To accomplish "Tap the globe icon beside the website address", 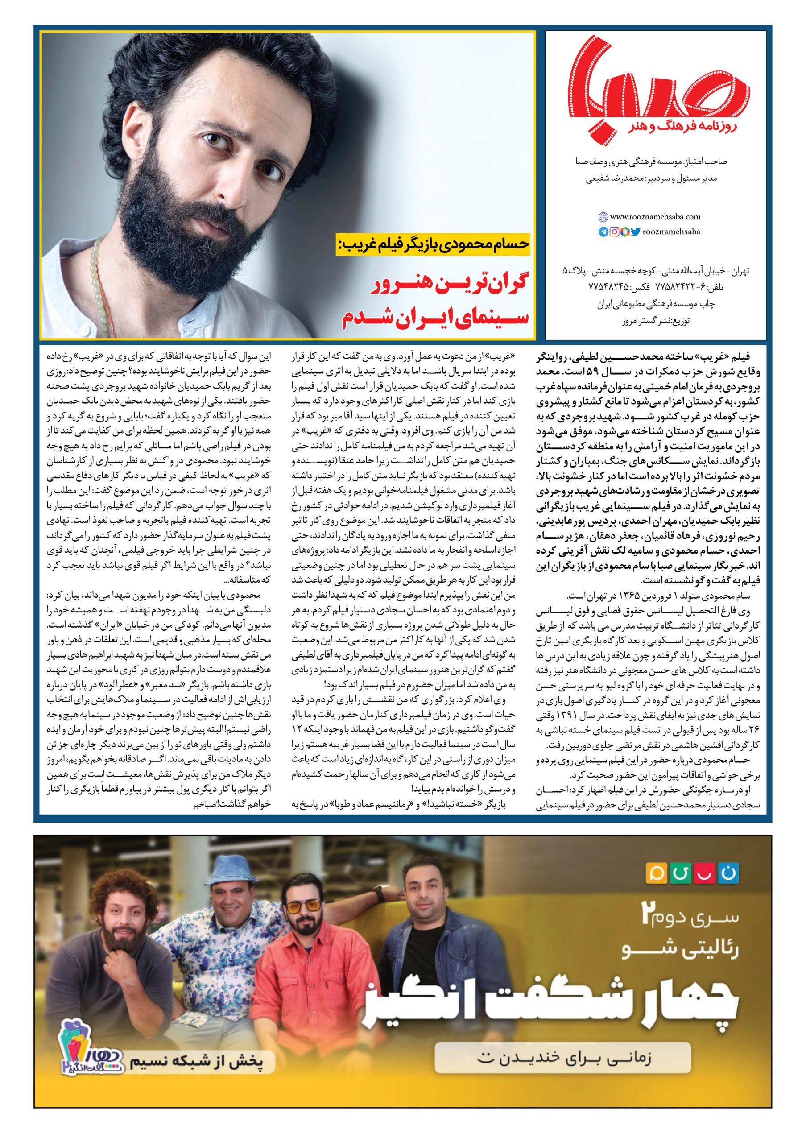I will tap(603, 216).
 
